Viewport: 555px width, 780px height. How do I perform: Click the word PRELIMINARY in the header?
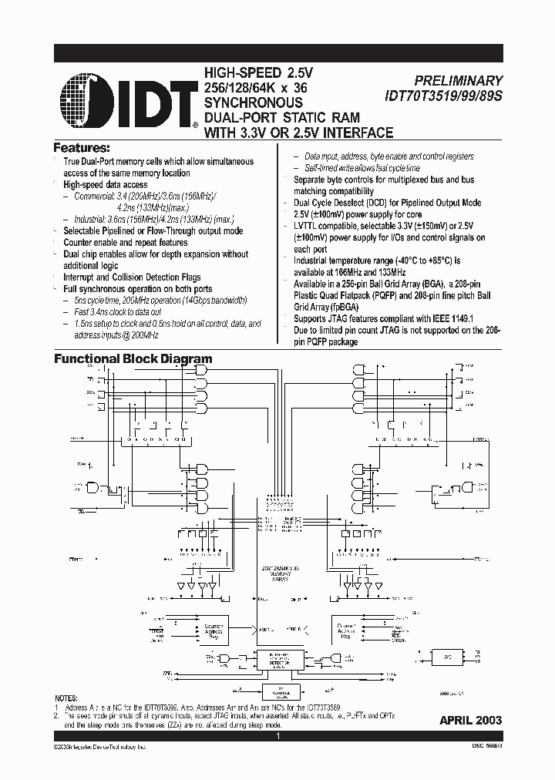pyautogui.click(x=458, y=80)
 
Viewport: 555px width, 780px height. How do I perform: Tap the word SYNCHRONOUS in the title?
pyautogui.click(x=253, y=103)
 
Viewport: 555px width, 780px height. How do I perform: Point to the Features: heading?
pyautogui.click(x=81, y=147)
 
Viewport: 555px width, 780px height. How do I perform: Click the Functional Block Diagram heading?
pyautogui.click(x=132, y=359)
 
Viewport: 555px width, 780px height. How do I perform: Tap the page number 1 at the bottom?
pyautogui.click(x=277, y=737)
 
